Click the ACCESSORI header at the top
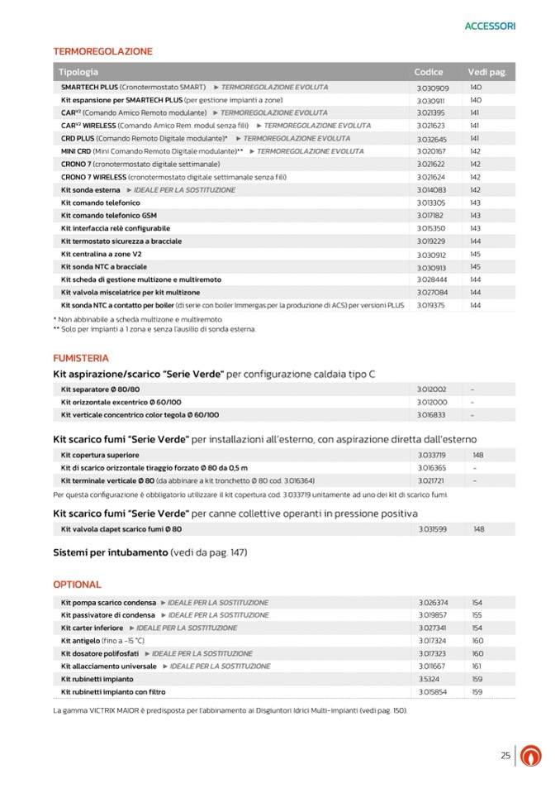490,26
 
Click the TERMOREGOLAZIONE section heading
102,51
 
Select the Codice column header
429,72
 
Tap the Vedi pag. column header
486,72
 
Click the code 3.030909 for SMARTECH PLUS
432,88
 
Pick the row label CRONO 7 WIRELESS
93,177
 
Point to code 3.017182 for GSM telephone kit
432,216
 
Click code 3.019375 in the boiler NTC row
432,305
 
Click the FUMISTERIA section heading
80,358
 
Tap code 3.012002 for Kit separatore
432,389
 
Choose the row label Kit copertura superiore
100,455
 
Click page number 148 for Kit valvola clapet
478,528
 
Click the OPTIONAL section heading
77,584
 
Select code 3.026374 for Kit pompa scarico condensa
433,602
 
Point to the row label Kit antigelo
79,640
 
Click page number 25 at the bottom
505,755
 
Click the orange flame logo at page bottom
534,756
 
